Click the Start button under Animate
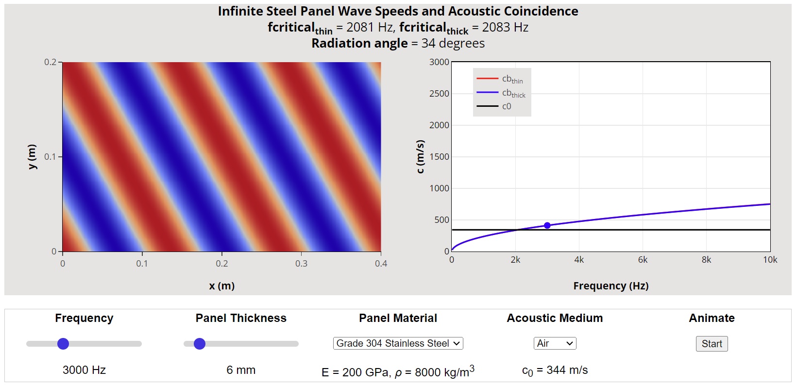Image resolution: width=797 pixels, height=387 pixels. click(712, 344)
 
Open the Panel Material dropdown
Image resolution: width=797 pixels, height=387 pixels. click(398, 343)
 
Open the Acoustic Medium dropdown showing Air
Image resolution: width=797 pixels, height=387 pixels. click(555, 343)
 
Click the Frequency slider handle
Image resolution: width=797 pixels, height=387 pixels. click(63, 344)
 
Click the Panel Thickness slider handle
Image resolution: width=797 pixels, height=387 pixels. click(200, 344)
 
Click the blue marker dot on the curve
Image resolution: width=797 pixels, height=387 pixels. click(547, 225)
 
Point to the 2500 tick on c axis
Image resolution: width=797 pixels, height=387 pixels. click(439, 94)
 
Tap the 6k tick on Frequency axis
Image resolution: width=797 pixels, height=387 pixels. click(643, 260)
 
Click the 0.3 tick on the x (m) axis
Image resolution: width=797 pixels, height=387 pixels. click(301, 264)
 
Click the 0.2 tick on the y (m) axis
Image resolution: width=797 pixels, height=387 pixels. click(50, 62)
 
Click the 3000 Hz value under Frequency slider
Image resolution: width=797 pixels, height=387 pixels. click(84, 370)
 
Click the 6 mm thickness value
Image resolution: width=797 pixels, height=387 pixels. click(241, 370)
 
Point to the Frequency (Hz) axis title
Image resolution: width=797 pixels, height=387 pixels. click(610, 286)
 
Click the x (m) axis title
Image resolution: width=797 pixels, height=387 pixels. click(222, 286)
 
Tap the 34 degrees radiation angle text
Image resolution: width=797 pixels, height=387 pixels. click(453, 44)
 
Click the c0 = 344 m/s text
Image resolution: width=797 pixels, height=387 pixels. click(555, 370)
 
